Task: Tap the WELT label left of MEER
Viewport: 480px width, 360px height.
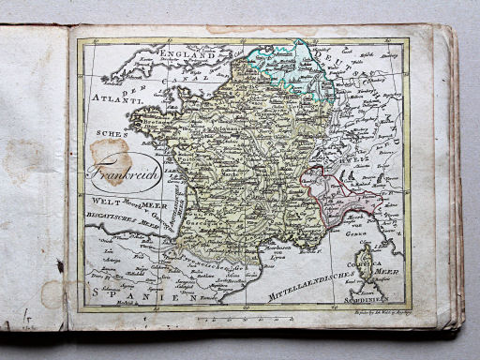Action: (x=106, y=201)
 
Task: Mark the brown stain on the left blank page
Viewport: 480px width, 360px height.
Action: (x=23, y=159)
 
